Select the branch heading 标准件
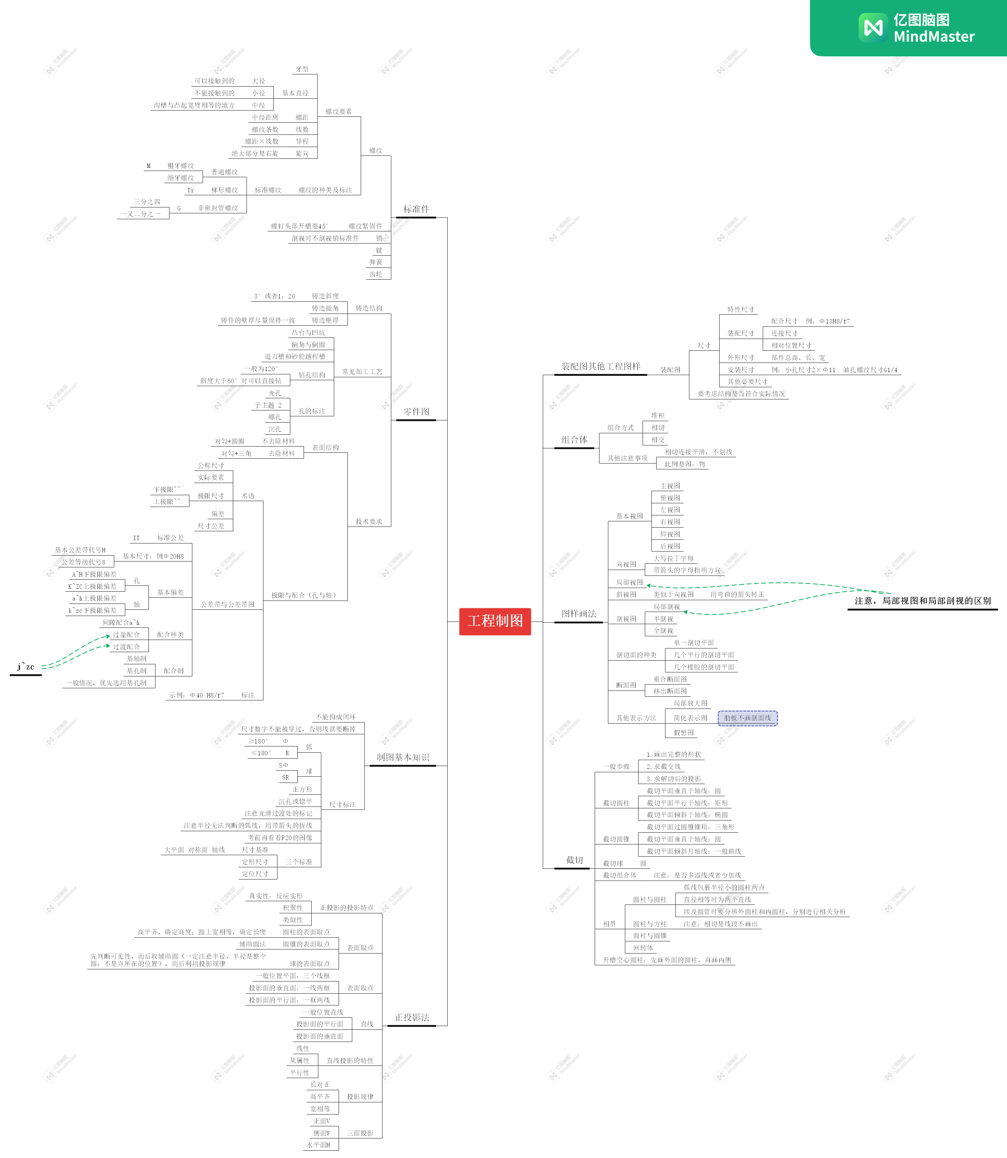tap(416, 209)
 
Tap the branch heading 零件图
tap(416, 412)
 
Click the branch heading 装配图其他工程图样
tap(600, 366)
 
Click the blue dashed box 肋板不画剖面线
tap(747, 718)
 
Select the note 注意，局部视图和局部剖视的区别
tap(922, 601)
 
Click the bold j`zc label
tap(26, 667)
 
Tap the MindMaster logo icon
tap(873, 28)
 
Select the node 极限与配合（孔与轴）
tap(304, 595)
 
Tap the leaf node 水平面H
tap(318, 1145)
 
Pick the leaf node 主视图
tap(670, 486)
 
